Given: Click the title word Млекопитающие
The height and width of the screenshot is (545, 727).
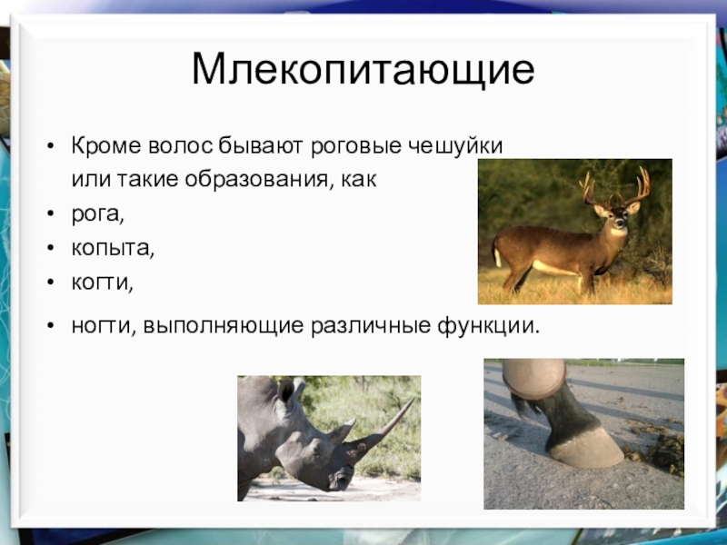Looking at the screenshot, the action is (x=363, y=71).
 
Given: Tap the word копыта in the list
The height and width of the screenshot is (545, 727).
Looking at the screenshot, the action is (x=112, y=248).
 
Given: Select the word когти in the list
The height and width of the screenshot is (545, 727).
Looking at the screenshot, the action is (x=102, y=282).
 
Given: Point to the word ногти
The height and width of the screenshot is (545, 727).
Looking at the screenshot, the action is (x=102, y=326).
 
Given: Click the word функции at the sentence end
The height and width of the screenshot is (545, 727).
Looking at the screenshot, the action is (x=489, y=326).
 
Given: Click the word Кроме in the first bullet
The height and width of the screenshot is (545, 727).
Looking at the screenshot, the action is (x=106, y=146).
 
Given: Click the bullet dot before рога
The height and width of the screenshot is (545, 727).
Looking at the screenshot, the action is (x=51, y=213).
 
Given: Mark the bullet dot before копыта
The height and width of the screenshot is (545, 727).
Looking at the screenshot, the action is (x=51, y=247).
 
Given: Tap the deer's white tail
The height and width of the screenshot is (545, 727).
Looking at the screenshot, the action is (x=497, y=256).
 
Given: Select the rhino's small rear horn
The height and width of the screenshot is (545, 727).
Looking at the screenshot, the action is (x=342, y=431).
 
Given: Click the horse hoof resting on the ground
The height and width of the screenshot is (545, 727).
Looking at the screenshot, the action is (x=585, y=447).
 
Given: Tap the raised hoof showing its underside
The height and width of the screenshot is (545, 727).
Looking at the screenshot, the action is (x=533, y=378).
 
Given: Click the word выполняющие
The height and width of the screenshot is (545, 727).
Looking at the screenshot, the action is (x=223, y=326).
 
